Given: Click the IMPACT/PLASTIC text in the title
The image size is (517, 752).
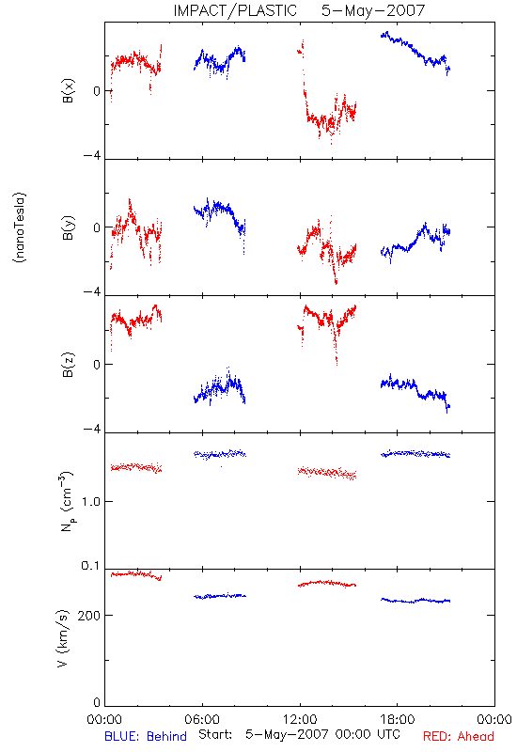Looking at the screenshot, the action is click(x=235, y=10).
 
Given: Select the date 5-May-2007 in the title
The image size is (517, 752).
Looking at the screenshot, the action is click(x=373, y=10).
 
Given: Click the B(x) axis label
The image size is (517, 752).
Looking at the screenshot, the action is click(x=69, y=90).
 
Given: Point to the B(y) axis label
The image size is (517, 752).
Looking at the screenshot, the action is click(x=69, y=227).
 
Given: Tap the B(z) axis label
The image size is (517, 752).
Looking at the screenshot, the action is click(x=69, y=365).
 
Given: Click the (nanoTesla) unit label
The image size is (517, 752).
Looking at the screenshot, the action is click(x=20, y=227).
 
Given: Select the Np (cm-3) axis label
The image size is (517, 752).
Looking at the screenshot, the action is click(x=67, y=501).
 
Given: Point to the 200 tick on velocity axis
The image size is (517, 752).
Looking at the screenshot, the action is click(x=88, y=616).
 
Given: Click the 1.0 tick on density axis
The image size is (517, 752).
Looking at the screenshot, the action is click(x=90, y=502).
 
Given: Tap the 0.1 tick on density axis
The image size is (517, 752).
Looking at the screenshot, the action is click(x=90, y=566).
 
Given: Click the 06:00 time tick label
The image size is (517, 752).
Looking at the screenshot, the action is click(x=202, y=719).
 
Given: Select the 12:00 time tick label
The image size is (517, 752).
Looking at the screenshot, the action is click(x=300, y=719).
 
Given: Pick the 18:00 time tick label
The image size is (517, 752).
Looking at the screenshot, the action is click(x=398, y=719).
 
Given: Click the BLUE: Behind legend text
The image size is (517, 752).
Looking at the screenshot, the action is click(x=146, y=736).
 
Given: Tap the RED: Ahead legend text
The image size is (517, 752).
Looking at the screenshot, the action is click(x=458, y=736).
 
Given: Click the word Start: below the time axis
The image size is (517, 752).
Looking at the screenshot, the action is click(x=215, y=734).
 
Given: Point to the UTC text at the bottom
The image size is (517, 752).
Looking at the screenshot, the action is click(x=388, y=734).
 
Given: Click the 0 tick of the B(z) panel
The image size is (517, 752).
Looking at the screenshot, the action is click(x=97, y=365).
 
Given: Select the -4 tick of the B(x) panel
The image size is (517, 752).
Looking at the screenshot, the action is click(x=91, y=156).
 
